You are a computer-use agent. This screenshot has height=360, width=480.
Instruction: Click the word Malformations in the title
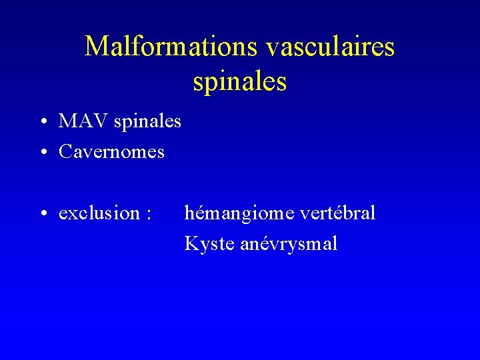(171, 47)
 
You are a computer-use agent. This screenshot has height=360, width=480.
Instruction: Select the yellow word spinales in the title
(240, 81)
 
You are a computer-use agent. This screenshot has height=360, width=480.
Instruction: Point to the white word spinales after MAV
(147, 122)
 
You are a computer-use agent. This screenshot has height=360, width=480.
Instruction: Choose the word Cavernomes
(111, 152)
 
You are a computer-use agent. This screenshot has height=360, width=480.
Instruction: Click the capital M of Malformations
(95, 47)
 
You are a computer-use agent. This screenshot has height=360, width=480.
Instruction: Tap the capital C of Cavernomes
(65, 152)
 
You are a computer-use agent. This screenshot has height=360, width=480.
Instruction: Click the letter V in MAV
(101, 121)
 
